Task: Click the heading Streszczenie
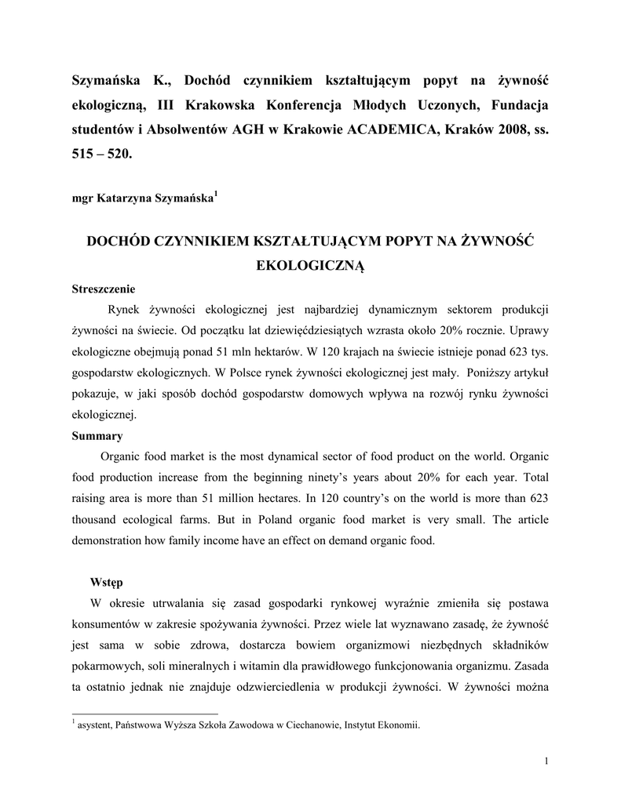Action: click(x=104, y=288)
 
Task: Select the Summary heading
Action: click(x=97, y=435)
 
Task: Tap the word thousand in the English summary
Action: click(x=98, y=520)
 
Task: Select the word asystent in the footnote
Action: click(x=93, y=725)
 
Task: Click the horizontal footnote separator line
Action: click(x=145, y=714)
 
